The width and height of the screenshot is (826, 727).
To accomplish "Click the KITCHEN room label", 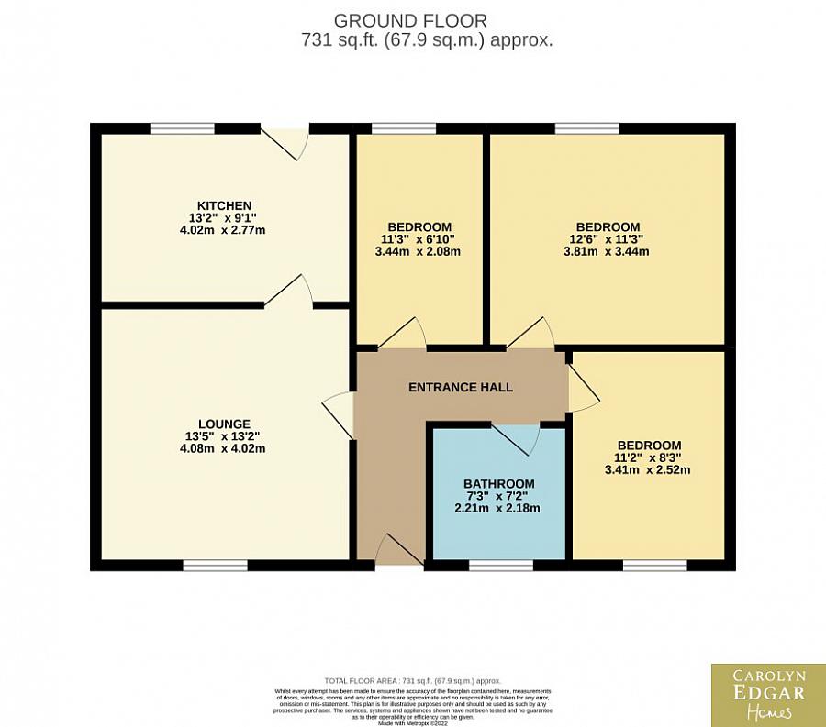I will point(225,204).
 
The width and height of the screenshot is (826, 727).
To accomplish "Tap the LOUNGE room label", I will point(225,424).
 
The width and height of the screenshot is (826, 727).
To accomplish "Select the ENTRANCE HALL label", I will point(461,388).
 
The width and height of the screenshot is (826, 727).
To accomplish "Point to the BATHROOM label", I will point(498,484).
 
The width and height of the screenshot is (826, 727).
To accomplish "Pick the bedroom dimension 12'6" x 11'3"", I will point(607,239).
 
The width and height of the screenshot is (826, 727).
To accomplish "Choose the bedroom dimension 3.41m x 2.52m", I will point(648,470).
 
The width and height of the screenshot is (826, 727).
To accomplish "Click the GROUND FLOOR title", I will point(410,19).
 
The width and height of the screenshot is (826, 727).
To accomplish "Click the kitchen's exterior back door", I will point(284,142).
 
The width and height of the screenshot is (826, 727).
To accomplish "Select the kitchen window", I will point(183,128).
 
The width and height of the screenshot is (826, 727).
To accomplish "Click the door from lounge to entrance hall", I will point(340,415).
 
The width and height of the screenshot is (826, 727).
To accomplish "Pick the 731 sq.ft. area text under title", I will point(426,40).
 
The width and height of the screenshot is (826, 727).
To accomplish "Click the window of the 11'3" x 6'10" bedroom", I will point(404,128).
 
